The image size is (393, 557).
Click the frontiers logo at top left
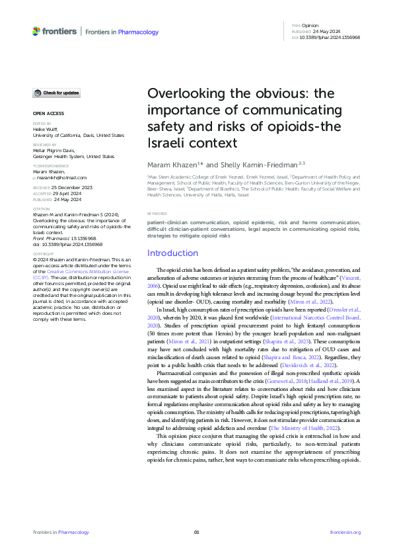[54, 31]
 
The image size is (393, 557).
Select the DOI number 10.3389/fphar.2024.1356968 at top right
[331, 38]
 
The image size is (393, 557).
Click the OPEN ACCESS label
[48, 113]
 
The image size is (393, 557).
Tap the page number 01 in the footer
[196, 532]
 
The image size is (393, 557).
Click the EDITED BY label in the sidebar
[45, 124]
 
